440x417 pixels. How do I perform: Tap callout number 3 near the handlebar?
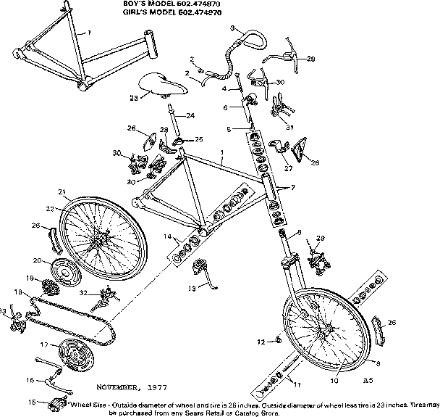point(232,28)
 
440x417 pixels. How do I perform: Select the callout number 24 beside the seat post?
point(190,115)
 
